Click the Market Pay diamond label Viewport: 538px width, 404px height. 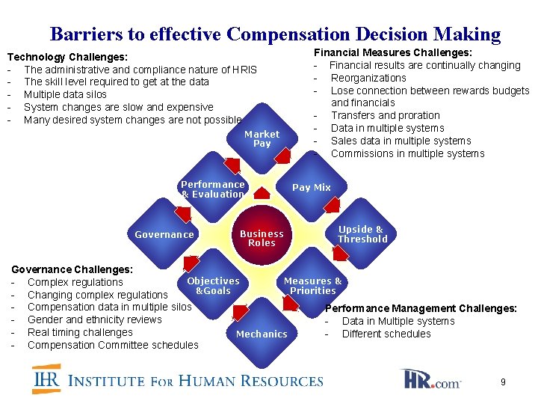click(x=262, y=139)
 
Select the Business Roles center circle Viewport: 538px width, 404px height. click(x=262, y=238)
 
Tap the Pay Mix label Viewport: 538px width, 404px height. click(x=311, y=188)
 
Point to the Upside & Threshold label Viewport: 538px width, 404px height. click(x=362, y=234)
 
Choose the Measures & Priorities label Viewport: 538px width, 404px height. click(x=312, y=286)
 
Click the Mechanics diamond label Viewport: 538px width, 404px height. click(x=262, y=334)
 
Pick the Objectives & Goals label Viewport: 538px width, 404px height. click(x=213, y=286)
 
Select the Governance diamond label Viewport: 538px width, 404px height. click(x=164, y=235)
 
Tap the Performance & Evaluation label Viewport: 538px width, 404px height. click(x=213, y=189)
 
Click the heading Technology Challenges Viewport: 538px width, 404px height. click(x=67, y=57)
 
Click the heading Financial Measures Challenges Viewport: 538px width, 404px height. click(x=392, y=52)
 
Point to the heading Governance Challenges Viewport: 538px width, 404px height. click(x=72, y=269)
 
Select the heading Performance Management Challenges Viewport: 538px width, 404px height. click(x=421, y=308)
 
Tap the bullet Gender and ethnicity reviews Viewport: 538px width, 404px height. click(x=94, y=319)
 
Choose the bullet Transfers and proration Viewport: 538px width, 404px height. click(x=385, y=115)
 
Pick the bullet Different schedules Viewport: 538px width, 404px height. click(x=386, y=334)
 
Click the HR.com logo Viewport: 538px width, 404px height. click(x=431, y=380)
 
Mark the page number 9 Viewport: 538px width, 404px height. click(x=503, y=382)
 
